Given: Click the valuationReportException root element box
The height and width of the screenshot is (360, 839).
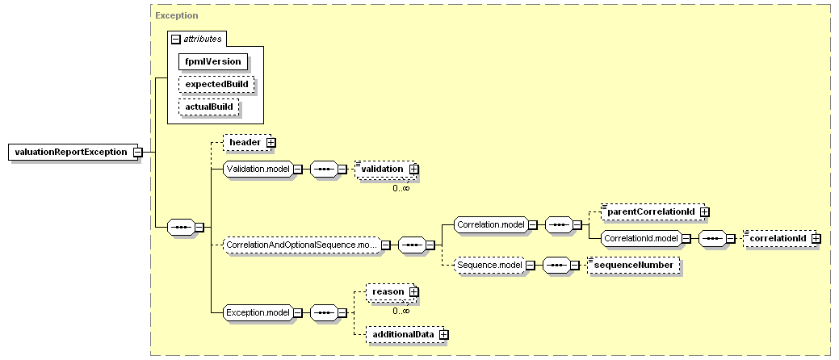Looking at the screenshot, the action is coord(70,152).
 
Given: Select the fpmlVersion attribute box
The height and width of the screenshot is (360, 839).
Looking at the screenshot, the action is coord(213,61).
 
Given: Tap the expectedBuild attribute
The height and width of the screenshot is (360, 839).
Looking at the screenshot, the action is coord(216,85).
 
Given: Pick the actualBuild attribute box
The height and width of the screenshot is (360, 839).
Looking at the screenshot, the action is coord(208,107).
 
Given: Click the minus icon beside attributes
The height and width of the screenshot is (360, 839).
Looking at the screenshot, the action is coord(175,39).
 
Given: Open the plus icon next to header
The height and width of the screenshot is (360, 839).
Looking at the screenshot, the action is coord(271,143).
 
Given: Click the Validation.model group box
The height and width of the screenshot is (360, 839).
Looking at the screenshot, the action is coord(258,169).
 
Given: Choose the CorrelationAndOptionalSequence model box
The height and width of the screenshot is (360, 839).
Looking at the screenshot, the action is coord(301,245).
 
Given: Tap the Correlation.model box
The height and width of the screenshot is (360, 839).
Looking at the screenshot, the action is coord(491,224).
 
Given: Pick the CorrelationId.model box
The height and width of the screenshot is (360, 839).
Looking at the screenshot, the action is coord(641,239).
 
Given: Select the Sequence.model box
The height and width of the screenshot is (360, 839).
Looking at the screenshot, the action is coord(489,266).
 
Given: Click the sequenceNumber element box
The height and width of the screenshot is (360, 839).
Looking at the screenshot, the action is coord(634,266).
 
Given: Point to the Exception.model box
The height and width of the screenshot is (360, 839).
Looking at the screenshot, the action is coord(258,312).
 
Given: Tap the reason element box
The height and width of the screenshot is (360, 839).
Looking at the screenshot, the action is coord(390,292).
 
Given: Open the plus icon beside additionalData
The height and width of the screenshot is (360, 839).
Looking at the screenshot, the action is coord(443,335).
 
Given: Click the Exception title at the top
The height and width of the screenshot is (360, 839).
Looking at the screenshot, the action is coord(177,15).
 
